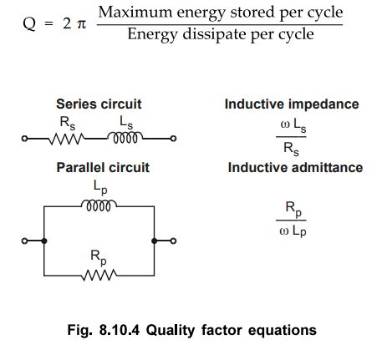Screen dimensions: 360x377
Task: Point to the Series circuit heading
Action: [x=98, y=104]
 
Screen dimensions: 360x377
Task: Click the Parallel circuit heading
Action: [x=103, y=167]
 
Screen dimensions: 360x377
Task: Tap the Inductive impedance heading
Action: [x=292, y=104]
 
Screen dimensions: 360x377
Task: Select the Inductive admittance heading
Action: [x=295, y=167]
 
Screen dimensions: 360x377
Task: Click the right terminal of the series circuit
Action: [x=172, y=139]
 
